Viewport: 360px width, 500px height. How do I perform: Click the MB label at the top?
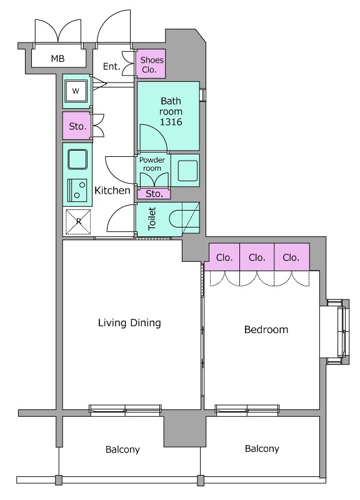[57, 59]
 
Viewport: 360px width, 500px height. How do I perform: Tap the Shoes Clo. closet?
[151, 64]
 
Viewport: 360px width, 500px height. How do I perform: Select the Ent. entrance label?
[111, 66]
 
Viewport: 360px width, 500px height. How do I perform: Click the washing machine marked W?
[76, 91]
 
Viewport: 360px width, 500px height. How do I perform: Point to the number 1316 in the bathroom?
[171, 122]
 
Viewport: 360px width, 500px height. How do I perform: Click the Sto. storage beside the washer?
[77, 126]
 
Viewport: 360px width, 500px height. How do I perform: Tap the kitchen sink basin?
[77, 159]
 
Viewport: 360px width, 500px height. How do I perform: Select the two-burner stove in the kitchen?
[77, 190]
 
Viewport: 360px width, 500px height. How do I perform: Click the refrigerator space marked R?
[78, 222]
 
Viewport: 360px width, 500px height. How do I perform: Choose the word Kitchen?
[112, 191]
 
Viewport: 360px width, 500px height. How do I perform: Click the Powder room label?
[152, 164]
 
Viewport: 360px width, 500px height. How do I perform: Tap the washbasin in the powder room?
[187, 171]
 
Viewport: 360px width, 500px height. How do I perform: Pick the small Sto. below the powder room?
[154, 194]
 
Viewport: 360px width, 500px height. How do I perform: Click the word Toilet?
[152, 219]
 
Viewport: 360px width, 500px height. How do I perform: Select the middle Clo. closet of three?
[257, 257]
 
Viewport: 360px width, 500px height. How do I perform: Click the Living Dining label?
[129, 322]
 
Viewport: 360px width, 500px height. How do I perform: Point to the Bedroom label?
[266, 329]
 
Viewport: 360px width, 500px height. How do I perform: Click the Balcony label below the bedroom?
[262, 449]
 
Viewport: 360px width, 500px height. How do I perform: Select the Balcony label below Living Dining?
[122, 449]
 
